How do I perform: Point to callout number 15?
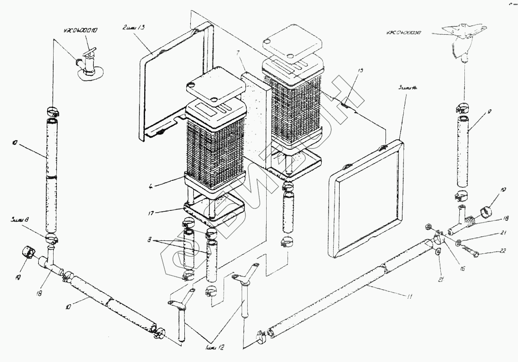point(361,70)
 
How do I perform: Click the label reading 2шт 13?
point(134,28)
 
